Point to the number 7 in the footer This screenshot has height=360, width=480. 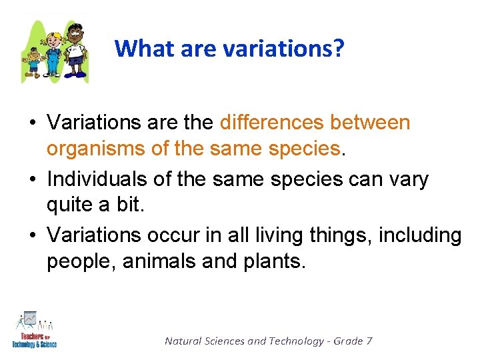tap(369, 341)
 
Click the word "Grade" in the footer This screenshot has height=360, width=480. tap(348, 341)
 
